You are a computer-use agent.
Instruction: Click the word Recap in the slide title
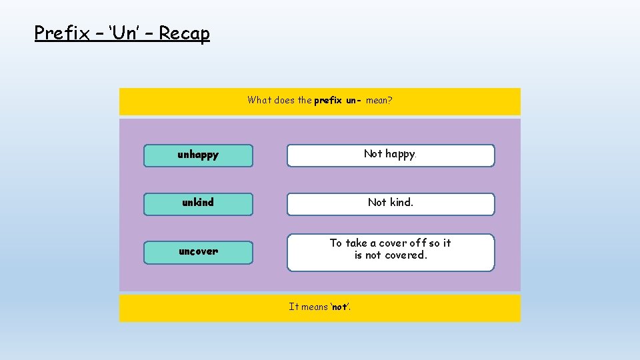184,33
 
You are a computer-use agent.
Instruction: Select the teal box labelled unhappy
198,155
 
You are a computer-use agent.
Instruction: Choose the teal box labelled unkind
198,203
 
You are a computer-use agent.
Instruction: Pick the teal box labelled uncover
198,252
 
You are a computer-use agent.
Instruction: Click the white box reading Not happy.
391,155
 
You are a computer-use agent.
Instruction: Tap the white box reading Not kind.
391,203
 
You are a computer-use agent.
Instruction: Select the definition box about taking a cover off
391,252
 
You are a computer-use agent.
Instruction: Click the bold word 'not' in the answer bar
339,307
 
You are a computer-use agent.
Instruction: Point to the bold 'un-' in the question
353,101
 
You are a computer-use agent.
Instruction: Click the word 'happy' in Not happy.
401,154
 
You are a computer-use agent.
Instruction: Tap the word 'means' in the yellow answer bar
315,307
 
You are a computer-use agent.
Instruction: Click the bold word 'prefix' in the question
328,101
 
